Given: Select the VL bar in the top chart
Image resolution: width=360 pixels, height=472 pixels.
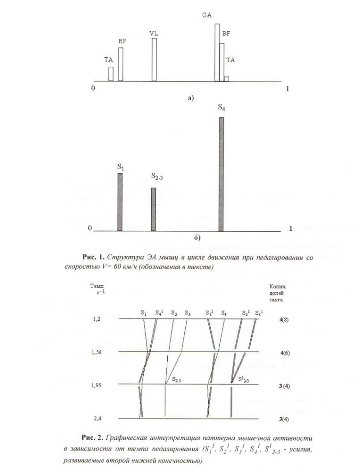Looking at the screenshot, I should (x=154, y=60).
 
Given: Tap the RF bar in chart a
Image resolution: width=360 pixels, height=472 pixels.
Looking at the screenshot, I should (x=121, y=64).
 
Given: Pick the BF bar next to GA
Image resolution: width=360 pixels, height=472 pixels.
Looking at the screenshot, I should (x=222, y=62).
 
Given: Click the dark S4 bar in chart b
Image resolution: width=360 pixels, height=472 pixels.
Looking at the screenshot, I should (x=221, y=174).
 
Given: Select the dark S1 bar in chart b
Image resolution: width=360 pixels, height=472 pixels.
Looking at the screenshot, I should (x=120, y=202).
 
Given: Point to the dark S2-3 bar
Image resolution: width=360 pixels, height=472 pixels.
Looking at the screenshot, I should (x=154, y=209).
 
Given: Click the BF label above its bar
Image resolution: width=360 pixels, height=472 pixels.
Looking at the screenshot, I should (x=226, y=34).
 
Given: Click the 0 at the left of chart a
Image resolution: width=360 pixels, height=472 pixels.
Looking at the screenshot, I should (x=94, y=88).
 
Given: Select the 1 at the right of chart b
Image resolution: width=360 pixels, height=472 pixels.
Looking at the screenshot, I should (x=290, y=228).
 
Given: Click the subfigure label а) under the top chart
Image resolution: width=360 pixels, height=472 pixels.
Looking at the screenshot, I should (x=190, y=98).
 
